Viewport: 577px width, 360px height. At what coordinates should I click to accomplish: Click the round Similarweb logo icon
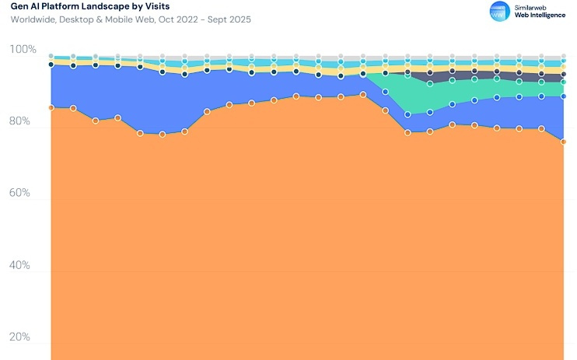click(x=498, y=11)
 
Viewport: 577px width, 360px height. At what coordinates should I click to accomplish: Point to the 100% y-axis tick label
click(x=23, y=50)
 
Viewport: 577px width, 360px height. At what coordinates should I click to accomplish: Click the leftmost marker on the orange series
click(x=51, y=108)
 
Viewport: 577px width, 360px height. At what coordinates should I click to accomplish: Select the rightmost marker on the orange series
click(x=564, y=142)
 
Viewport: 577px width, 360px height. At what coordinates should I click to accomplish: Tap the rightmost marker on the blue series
click(x=564, y=96)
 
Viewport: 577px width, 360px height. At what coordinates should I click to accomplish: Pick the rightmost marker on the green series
click(x=564, y=82)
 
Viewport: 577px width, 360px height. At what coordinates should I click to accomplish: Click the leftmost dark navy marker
click(x=51, y=65)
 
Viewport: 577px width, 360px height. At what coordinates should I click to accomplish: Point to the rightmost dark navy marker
click(x=564, y=75)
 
